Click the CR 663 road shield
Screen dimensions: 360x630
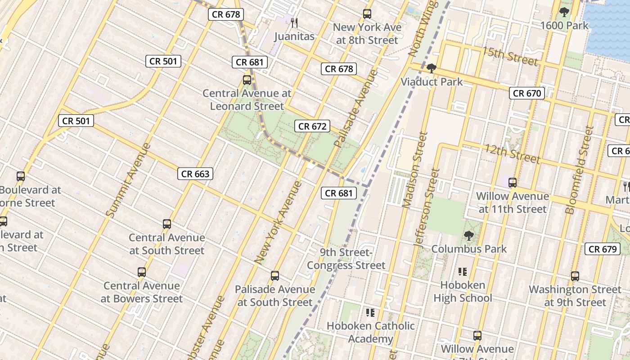(195, 174)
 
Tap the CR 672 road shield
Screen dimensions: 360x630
(312, 126)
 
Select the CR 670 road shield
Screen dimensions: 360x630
(527, 93)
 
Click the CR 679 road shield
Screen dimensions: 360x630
(603, 249)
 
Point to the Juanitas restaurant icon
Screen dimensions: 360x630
(294, 22)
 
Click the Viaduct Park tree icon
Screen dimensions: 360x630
(432, 68)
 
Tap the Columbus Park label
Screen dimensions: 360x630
(469, 249)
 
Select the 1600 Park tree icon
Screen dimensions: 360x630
(564, 12)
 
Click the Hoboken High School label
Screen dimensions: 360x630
(463, 291)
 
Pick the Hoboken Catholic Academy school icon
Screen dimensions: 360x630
(370, 312)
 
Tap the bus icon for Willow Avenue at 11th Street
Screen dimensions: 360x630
(512, 183)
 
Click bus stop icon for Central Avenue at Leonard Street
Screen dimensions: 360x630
(247, 80)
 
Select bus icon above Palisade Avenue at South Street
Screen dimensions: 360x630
(275, 275)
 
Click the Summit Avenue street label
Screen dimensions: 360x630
(129, 180)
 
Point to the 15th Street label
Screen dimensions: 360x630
(510, 55)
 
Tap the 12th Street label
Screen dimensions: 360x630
(512, 153)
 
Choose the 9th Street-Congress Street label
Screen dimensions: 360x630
(346, 259)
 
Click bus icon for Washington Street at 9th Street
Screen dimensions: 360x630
(575, 276)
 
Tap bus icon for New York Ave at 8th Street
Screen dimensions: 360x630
(367, 14)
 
